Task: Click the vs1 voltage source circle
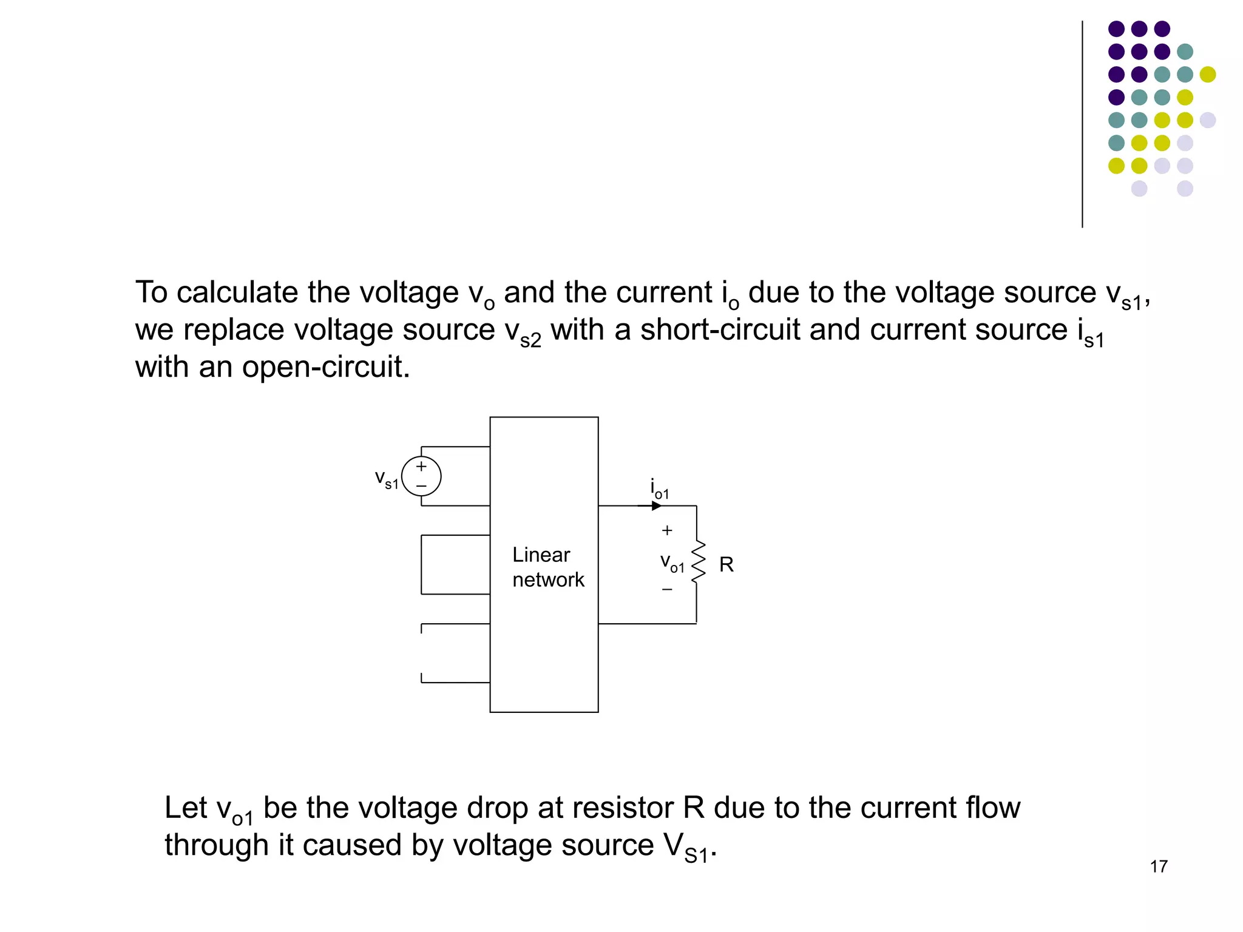[421, 476]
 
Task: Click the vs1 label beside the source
[387, 480]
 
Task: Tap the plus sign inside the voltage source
[421, 467]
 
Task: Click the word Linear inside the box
[541, 555]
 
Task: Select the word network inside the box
[548, 579]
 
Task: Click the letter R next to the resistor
[726, 565]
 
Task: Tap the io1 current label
[659, 488]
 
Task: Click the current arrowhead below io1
[656, 505]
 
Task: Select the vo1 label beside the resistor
[672, 563]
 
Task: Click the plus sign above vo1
[667, 530]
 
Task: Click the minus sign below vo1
[667, 589]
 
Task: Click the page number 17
[1159, 866]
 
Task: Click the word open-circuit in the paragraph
[325, 367]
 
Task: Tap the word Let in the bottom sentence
[186, 808]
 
